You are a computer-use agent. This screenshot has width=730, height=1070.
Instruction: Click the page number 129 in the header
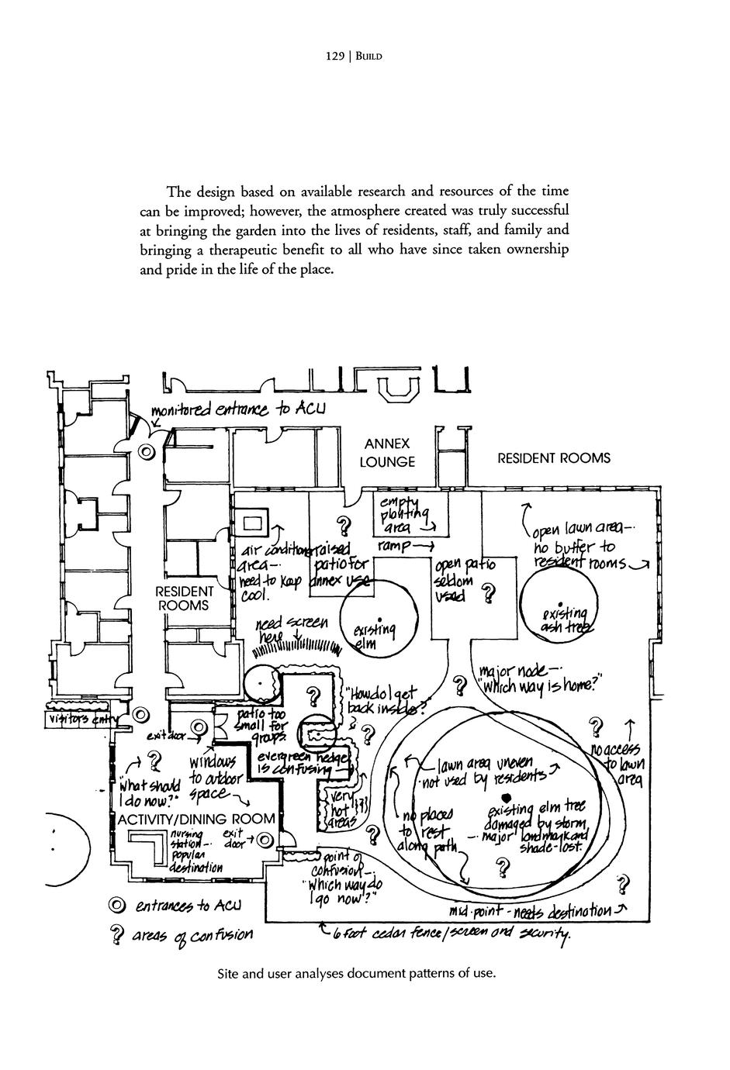[334, 56]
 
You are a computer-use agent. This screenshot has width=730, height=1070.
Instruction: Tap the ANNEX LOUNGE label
[387, 453]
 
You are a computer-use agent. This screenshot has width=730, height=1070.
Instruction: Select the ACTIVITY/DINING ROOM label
[195, 819]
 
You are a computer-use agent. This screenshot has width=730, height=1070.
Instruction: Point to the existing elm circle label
[373, 636]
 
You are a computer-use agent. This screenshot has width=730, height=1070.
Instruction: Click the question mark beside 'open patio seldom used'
[488, 594]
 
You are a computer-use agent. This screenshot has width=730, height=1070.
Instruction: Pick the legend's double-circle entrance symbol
[117, 905]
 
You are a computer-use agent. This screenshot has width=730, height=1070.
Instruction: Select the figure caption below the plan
[357, 972]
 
